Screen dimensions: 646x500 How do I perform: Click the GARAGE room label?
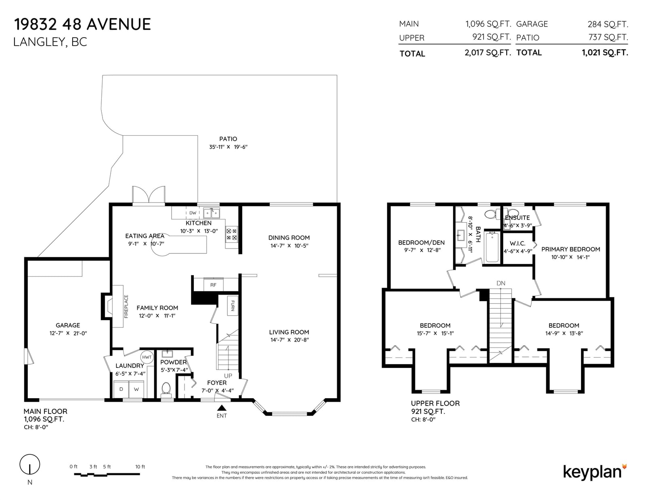pos(68,325)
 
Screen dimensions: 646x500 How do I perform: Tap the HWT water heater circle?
pos(147,357)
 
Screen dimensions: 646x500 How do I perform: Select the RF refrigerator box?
pos(213,285)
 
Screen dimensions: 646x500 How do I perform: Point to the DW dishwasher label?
pos(193,213)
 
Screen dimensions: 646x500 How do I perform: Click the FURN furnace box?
pos(233,306)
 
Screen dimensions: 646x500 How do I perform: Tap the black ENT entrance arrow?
pos(222,408)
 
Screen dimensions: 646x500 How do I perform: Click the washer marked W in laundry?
pos(136,389)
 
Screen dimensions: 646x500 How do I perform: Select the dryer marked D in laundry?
pos(121,389)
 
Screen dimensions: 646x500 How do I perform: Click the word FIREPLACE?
pos(126,306)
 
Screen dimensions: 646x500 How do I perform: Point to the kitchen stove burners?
pos(231,234)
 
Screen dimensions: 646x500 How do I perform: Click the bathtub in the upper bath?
pos(492,247)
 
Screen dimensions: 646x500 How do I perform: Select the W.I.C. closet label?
pos(518,243)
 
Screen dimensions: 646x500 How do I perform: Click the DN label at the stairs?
pos(501,283)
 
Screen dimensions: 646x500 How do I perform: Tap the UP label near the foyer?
pos(228,376)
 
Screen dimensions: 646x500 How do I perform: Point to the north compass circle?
pos(30,464)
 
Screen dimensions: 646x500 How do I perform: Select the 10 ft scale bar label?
pos(140,467)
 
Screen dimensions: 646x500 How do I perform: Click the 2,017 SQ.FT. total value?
pos(488,53)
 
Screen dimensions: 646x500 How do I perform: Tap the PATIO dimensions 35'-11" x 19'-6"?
pos(228,147)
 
